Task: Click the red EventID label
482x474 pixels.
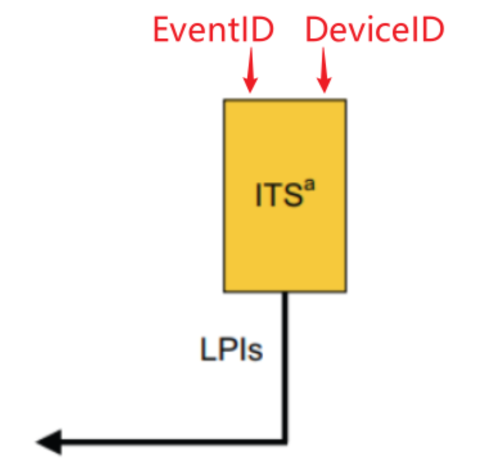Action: coord(214,30)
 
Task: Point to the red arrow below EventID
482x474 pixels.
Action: coord(251,72)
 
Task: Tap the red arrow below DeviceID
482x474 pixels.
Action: coord(325,72)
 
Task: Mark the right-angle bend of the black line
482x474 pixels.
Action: coord(285,441)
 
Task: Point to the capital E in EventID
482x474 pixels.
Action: coord(163,30)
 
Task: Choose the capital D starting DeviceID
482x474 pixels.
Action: coord(316,30)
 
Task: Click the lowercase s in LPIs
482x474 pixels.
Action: coord(256,354)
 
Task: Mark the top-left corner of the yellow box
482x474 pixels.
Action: coord(225,101)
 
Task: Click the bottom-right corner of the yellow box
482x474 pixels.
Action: coord(345,291)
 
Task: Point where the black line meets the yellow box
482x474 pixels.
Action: coord(285,293)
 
